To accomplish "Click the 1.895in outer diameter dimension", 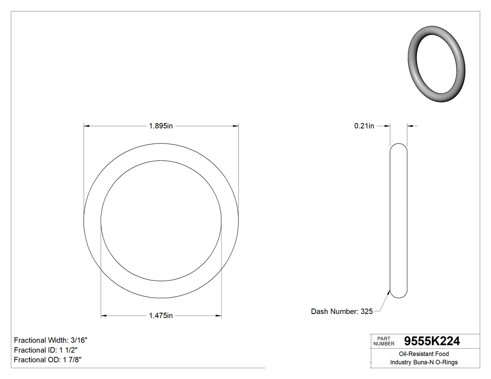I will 161,126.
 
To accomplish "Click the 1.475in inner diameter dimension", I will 161,316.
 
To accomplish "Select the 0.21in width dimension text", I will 364,126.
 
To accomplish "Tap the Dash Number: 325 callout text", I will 342,311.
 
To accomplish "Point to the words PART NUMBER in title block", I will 384,341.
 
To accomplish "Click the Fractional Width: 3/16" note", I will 51,340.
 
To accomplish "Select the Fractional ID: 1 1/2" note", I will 46,350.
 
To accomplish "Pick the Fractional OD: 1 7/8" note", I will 48,360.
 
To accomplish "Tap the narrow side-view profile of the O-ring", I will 398,220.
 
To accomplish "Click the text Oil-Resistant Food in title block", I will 424,354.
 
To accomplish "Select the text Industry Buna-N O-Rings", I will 424,362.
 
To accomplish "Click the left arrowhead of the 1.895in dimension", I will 87,126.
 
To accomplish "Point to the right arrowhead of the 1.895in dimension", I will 236,126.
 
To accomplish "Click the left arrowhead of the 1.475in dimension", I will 104,316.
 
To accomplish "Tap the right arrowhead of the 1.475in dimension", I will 218,316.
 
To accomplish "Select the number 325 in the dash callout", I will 366,311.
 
